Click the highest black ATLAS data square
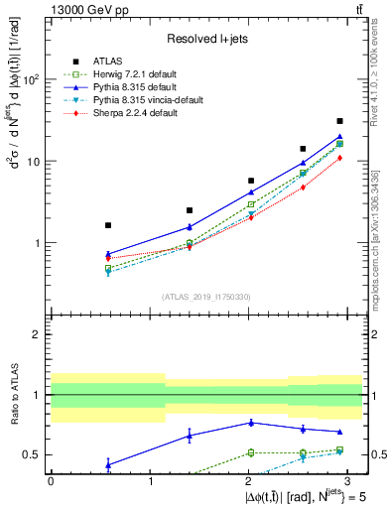point(339,121)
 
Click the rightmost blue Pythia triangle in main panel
point(339,137)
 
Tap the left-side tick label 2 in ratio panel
point(38,335)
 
